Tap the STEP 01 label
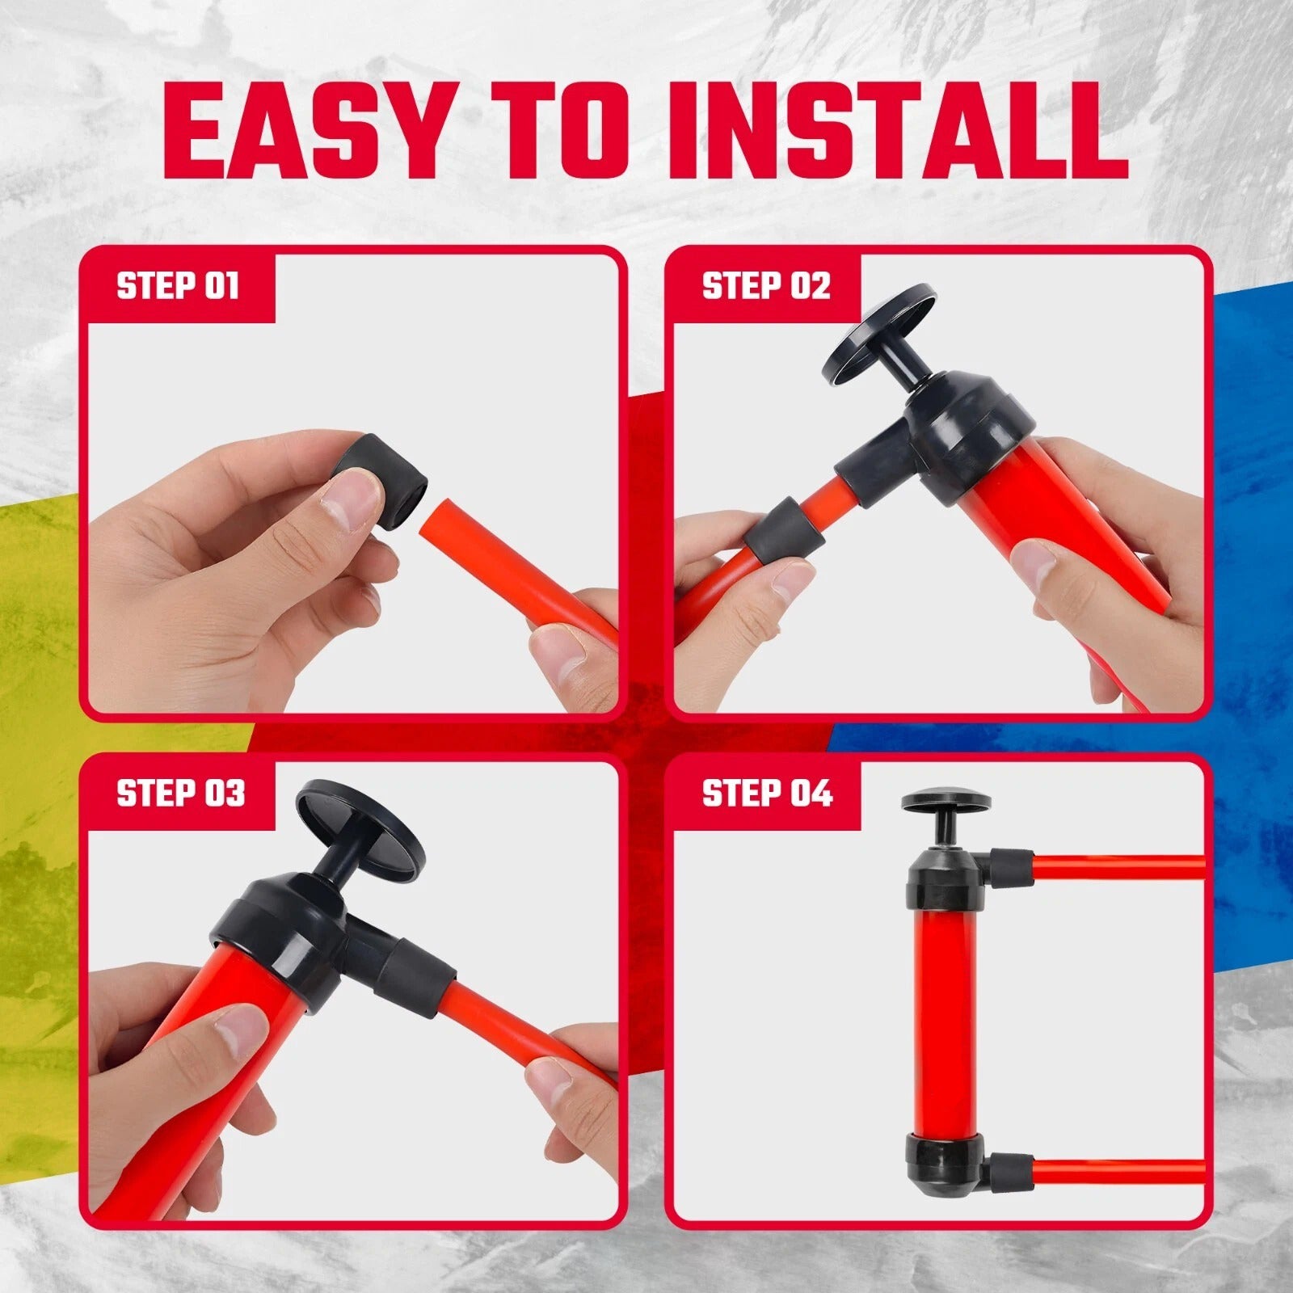click(179, 286)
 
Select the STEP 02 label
click(766, 286)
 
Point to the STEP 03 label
click(181, 793)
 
